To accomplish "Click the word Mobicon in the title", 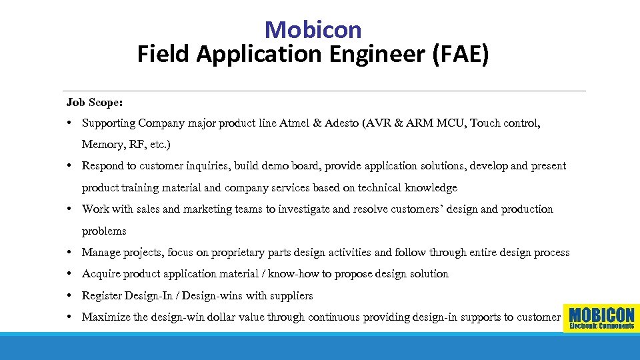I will (313, 29).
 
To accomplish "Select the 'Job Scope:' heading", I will (94, 102).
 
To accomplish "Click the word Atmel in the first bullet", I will (294, 123).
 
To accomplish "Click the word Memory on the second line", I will (101, 145).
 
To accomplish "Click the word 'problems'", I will (104, 231).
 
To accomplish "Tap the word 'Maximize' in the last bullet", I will (106, 317).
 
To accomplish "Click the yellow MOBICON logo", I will (601, 317).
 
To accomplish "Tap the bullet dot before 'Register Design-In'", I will (69, 295).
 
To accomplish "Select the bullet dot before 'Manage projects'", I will (69, 253).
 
